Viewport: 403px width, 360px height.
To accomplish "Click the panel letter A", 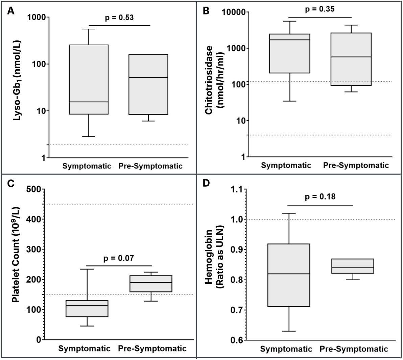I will [x=11, y=11].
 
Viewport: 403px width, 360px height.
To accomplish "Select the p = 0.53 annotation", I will [x=119, y=17].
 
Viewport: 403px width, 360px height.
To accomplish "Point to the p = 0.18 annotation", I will [x=320, y=197].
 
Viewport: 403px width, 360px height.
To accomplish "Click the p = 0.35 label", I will [x=319, y=9].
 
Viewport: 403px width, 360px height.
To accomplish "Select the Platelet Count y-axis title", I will [x=16, y=264].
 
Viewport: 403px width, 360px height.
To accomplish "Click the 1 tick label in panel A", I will [x=44, y=158].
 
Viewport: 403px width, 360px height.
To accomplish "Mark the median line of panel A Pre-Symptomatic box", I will [x=148, y=78].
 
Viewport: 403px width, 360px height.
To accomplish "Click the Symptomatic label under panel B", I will [x=286, y=165].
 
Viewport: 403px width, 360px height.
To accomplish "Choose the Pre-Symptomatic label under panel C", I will [x=152, y=348].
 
